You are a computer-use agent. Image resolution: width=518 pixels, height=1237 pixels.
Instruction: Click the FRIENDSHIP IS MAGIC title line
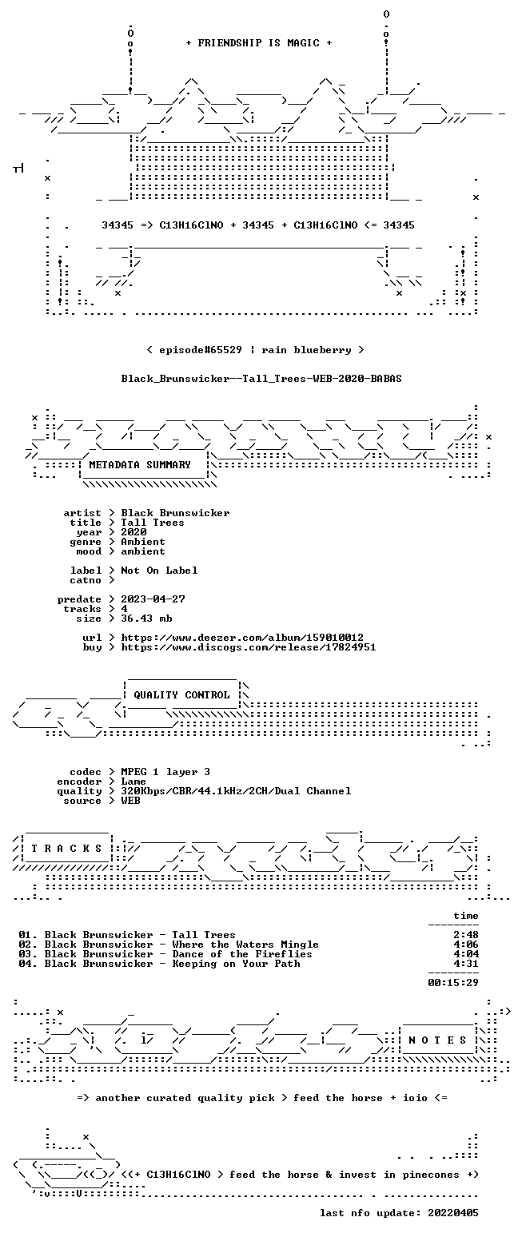click(x=259, y=43)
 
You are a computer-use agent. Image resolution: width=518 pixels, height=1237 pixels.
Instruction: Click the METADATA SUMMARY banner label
click(x=140, y=465)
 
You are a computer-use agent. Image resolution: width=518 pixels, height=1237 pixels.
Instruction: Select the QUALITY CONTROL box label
click(x=181, y=695)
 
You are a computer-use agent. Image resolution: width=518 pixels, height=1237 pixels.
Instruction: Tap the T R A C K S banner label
click(x=66, y=848)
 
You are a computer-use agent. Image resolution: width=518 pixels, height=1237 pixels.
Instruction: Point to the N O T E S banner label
click(x=437, y=1040)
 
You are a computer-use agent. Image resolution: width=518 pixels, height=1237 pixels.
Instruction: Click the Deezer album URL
click(x=242, y=638)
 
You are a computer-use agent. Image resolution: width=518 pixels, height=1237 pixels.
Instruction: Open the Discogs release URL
click(x=249, y=647)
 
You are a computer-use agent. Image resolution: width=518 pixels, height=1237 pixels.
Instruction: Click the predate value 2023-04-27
click(x=153, y=599)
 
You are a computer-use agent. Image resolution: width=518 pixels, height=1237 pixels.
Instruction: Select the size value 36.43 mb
click(x=146, y=618)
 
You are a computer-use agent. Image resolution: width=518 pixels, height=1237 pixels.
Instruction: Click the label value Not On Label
click(x=159, y=571)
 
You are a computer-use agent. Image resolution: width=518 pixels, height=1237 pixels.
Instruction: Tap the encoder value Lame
click(x=133, y=782)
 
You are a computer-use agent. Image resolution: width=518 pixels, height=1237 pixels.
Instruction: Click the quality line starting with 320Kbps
click(x=236, y=791)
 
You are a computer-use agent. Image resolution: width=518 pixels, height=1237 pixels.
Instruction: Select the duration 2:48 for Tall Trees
click(x=466, y=935)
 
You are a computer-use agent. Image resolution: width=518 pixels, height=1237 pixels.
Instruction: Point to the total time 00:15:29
click(x=453, y=982)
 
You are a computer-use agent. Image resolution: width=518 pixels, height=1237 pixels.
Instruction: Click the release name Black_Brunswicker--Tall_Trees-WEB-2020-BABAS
click(x=261, y=379)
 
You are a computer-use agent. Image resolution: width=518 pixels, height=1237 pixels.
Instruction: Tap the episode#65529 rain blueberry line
click(x=256, y=350)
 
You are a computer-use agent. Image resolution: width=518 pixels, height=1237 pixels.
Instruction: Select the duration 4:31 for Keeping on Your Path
click(x=466, y=964)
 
